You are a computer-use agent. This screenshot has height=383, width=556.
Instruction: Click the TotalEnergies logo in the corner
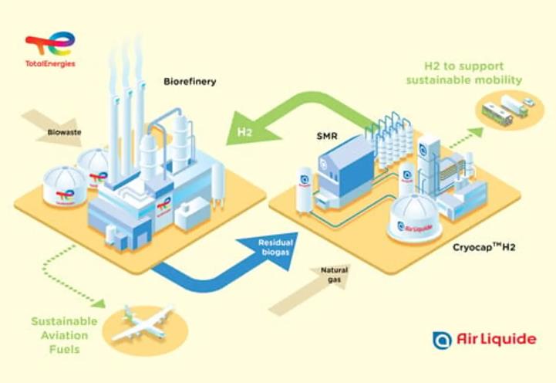point(50,49)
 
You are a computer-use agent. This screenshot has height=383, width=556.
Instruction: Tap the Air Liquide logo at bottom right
point(484,339)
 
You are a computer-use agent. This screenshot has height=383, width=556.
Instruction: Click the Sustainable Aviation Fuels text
point(64,334)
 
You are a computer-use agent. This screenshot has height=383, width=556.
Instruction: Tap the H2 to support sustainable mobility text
point(473,73)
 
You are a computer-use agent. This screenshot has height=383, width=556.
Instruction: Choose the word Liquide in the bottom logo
point(511,339)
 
